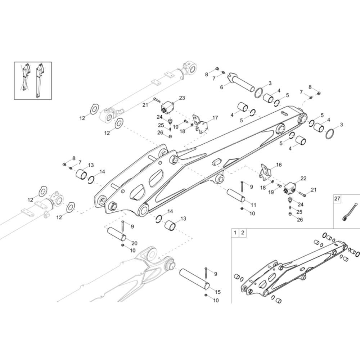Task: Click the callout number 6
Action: [221, 87]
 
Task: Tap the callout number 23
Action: [182, 98]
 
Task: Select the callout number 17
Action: [215, 118]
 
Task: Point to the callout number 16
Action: [279, 165]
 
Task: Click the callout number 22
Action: [303, 179]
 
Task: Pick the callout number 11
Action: [253, 205]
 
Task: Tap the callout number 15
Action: [218, 292]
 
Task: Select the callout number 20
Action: [135, 243]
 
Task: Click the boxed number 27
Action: [337, 198]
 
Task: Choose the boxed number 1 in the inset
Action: [235, 233]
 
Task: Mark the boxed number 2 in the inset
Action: [243, 233]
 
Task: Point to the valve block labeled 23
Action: [167, 107]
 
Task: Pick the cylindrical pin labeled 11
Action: [236, 196]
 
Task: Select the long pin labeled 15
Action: [194, 279]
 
